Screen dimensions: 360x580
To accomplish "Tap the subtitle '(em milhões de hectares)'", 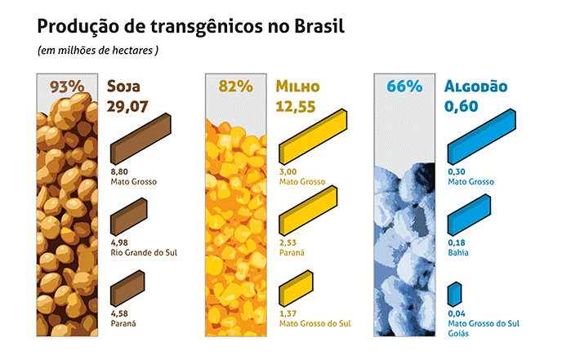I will (97, 51).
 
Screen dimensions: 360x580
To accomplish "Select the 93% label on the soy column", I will (67, 87).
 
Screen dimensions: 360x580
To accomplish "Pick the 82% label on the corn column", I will (234, 87).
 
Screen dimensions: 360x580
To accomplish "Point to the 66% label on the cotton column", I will (404, 87).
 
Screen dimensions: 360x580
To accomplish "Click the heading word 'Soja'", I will (128, 87).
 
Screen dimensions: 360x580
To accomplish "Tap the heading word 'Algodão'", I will (477, 87).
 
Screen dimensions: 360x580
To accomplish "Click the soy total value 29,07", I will (132, 106).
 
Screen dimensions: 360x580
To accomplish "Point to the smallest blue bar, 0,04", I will (454, 294).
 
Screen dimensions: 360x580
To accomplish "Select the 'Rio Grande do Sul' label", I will (143, 253).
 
